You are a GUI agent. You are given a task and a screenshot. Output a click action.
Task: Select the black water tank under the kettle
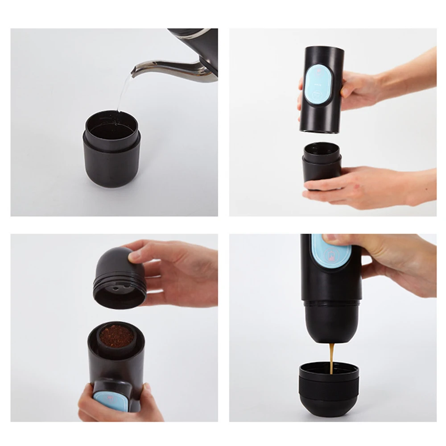point(111,152)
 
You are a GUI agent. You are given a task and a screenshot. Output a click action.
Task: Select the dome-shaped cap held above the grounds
point(118,277)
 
